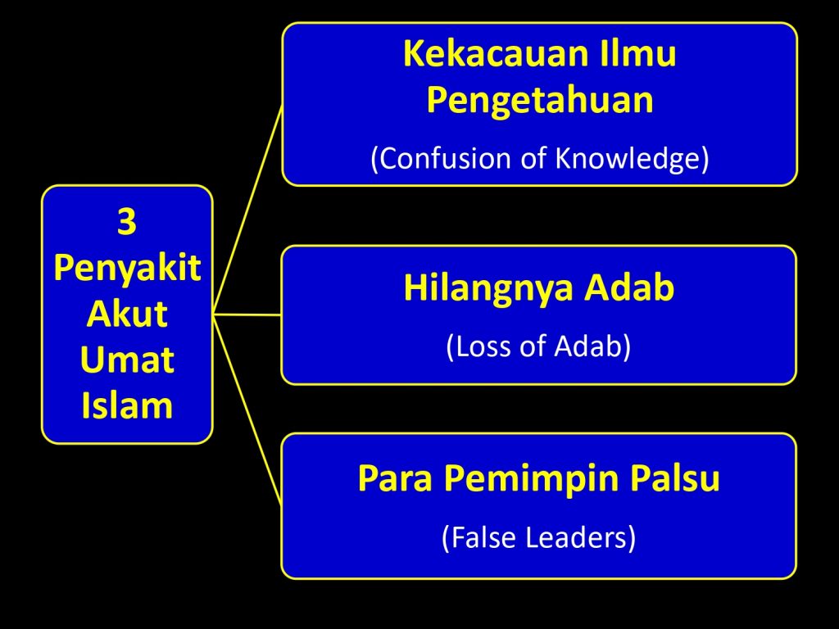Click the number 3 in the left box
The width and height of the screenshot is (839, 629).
(x=127, y=221)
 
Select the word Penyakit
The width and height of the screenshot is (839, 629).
(x=127, y=268)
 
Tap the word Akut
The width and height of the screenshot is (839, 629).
(x=127, y=314)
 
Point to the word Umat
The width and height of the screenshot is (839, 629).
(x=127, y=360)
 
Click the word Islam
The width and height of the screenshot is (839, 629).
(x=127, y=405)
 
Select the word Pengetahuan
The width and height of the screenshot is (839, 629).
(x=540, y=101)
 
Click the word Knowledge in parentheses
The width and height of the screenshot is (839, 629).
(x=627, y=159)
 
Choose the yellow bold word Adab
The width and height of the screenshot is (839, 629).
(x=628, y=287)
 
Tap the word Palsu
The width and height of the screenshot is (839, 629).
(x=675, y=477)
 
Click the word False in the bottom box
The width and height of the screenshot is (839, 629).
(x=484, y=537)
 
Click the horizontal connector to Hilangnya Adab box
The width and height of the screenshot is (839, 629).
(x=247, y=314)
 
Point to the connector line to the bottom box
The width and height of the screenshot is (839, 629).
(x=247, y=410)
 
